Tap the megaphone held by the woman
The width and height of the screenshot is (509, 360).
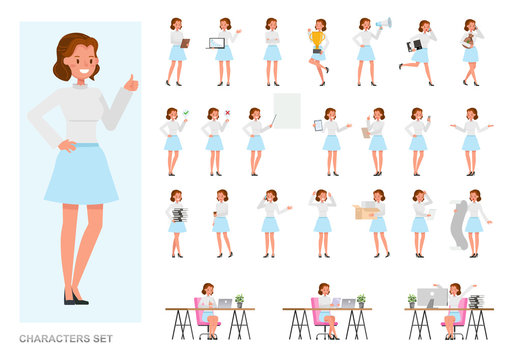click(x=384, y=22)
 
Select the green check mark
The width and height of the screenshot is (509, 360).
click(x=186, y=113)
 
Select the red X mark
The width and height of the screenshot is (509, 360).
click(x=227, y=113)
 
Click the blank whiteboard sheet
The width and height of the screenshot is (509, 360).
click(x=287, y=111)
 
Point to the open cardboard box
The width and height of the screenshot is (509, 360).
click(x=366, y=210)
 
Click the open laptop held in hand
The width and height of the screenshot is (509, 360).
click(x=216, y=43)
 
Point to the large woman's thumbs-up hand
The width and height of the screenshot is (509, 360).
click(x=131, y=82)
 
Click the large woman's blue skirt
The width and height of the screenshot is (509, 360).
click(x=81, y=174)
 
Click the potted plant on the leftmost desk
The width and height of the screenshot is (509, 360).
click(x=239, y=300)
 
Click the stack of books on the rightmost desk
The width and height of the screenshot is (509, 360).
click(x=475, y=301)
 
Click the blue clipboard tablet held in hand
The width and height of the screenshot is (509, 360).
click(x=318, y=125)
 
